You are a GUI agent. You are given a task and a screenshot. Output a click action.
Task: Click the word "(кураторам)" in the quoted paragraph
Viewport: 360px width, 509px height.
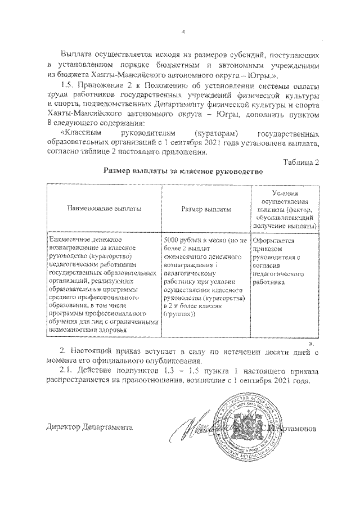pyautogui.click(x=212, y=134)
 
